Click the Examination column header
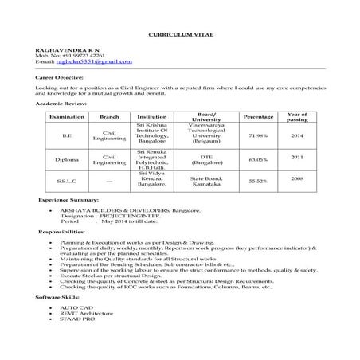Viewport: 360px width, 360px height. click(65, 116)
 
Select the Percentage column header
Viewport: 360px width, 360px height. click(257, 116)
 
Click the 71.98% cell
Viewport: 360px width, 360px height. click(257, 135)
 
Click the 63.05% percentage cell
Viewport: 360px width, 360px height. click(257, 159)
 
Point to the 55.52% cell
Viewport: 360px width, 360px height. click(257, 182)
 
